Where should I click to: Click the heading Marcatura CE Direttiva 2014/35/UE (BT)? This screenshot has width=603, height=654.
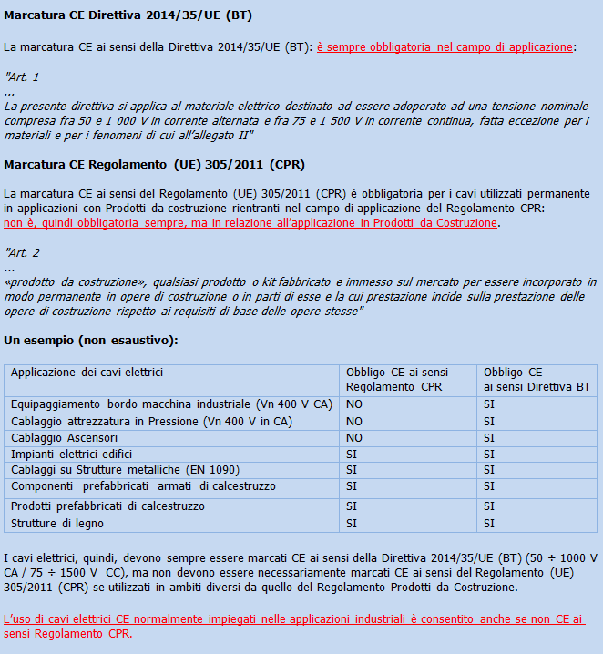(x=128, y=15)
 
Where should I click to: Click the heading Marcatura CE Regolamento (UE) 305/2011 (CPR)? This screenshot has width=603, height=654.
(x=154, y=164)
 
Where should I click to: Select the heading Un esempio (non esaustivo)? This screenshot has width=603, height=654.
(x=90, y=340)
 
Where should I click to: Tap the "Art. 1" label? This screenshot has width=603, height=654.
(x=23, y=77)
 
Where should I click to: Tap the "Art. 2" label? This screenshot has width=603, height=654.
(x=23, y=252)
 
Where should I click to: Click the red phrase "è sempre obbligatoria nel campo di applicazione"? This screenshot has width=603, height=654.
(x=445, y=46)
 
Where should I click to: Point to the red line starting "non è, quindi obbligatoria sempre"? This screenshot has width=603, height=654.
(x=251, y=223)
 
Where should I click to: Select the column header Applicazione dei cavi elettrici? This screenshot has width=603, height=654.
(x=87, y=373)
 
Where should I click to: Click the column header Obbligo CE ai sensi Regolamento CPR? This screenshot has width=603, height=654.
(x=397, y=379)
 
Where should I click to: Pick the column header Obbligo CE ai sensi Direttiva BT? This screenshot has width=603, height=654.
(x=537, y=379)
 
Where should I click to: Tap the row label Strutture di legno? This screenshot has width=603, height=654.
(x=57, y=523)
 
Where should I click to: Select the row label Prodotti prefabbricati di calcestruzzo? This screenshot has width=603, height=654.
(x=107, y=506)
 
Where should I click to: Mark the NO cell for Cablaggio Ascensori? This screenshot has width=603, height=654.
(x=354, y=437)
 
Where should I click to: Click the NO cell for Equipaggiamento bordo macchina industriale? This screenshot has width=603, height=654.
(x=354, y=404)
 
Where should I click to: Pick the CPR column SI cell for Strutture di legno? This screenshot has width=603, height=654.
(x=352, y=523)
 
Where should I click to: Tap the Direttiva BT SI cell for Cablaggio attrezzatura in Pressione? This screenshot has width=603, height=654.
(x=489, y=421)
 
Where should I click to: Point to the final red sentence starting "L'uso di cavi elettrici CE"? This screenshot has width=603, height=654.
(x=293, y=626)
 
